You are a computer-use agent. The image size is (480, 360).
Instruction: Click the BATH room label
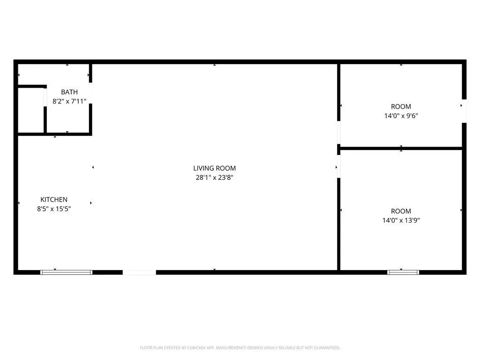(69, 92)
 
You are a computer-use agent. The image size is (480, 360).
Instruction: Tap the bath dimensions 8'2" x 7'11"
(69, 101)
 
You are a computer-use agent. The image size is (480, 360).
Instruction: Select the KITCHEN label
(54, 200)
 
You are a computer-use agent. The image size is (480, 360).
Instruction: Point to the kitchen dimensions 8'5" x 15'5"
(54, 209)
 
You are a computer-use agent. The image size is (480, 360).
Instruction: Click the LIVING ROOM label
(214, 168)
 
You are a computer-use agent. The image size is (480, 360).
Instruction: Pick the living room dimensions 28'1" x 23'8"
(214, 178)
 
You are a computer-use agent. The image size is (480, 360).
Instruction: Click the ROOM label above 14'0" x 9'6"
(401, 106)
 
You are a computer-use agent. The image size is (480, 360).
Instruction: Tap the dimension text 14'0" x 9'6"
(401, 116)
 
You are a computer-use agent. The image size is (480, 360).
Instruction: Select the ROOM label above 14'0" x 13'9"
(401, 211)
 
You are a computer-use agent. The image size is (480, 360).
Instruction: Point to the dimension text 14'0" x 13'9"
(401, 220)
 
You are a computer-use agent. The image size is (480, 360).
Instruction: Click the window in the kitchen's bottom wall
(67, 272)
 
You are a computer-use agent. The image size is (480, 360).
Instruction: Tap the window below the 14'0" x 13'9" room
(403, 272)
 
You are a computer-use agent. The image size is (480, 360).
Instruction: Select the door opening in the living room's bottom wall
(139, 272)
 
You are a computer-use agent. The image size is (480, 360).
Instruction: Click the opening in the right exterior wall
(464, 111)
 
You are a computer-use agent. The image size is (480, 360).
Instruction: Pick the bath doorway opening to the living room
(90, 93)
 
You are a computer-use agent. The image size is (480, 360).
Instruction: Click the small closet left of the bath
(31, 111)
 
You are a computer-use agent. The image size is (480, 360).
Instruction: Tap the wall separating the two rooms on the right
(401, 149)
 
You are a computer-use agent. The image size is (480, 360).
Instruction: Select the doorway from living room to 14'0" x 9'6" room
(338, 132)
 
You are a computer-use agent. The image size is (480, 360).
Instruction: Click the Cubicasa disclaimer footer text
(240, 348)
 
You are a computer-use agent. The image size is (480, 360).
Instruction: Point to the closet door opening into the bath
(45, 97)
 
